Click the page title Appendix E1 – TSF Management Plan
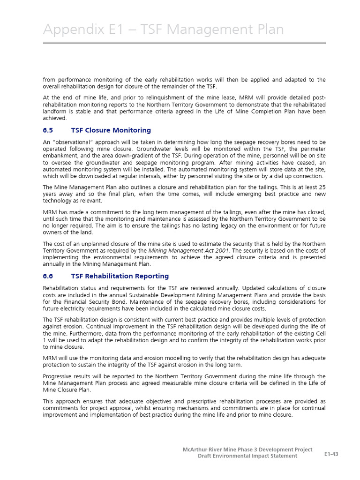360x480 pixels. pos(163,30)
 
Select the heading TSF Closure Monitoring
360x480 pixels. pos(111,130)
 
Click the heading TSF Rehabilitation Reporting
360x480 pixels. pos(120,276)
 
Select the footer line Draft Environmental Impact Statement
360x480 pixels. pos(247,456)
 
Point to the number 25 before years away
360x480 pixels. pos(321,187)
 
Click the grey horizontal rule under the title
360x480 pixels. pos(184,43)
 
